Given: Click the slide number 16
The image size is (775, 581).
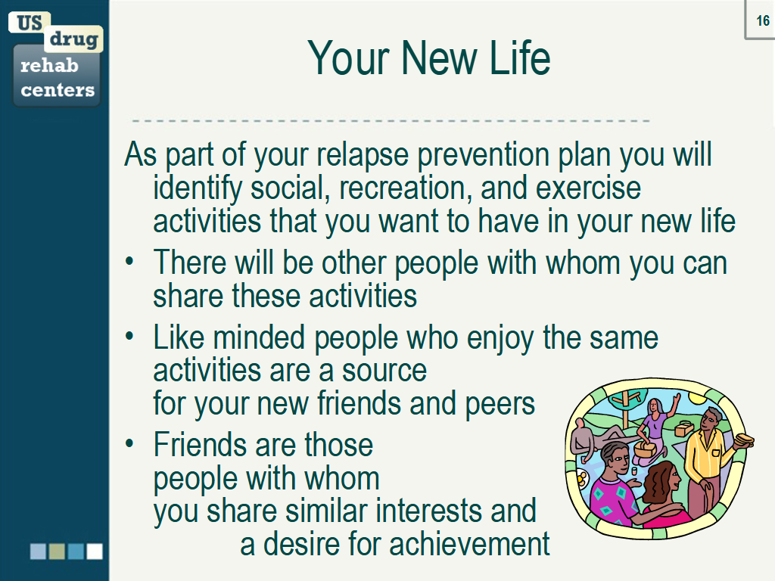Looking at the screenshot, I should pos(762,21).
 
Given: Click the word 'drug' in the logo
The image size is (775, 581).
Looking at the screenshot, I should pos(73,38).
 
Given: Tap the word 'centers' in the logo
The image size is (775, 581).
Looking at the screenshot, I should pos(58,90).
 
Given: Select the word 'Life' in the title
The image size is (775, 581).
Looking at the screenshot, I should pos(520,57).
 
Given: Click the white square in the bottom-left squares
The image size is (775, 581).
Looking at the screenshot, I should pos(95,551).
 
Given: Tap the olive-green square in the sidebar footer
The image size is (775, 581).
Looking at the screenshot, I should pos(57,551).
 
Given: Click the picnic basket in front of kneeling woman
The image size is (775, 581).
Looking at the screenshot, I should pos(646,450).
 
